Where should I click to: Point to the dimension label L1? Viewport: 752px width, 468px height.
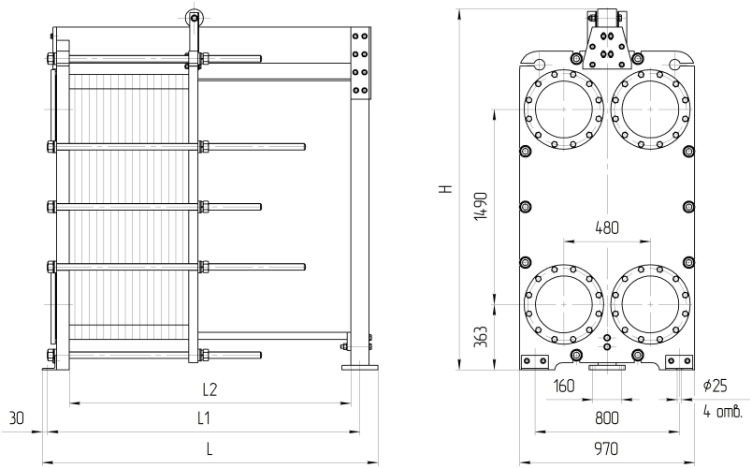(203, 417)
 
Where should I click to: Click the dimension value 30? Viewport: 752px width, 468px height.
(17, 417)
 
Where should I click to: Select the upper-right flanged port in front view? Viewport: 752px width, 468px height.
(651, 109)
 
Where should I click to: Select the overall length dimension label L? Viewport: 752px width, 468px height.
(210, 449)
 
